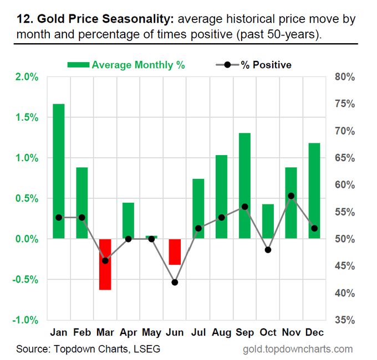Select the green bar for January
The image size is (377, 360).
59,171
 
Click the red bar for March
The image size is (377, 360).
105,264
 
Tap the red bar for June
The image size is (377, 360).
175,252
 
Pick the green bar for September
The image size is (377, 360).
244,186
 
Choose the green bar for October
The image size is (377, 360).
268,221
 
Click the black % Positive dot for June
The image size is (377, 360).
175,282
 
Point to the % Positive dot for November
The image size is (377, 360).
291,196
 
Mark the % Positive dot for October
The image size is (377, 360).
268,250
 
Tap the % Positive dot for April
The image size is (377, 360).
129,239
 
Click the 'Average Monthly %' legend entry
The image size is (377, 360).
126,65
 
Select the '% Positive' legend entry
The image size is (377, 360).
254,65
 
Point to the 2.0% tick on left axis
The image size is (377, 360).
27,77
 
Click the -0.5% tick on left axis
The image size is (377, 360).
26,280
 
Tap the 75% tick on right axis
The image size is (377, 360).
345,104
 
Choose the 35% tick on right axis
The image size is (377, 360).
345,320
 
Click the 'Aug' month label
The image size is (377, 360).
221,333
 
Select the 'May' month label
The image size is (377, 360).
152,333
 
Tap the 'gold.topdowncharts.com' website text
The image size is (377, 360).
298,349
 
